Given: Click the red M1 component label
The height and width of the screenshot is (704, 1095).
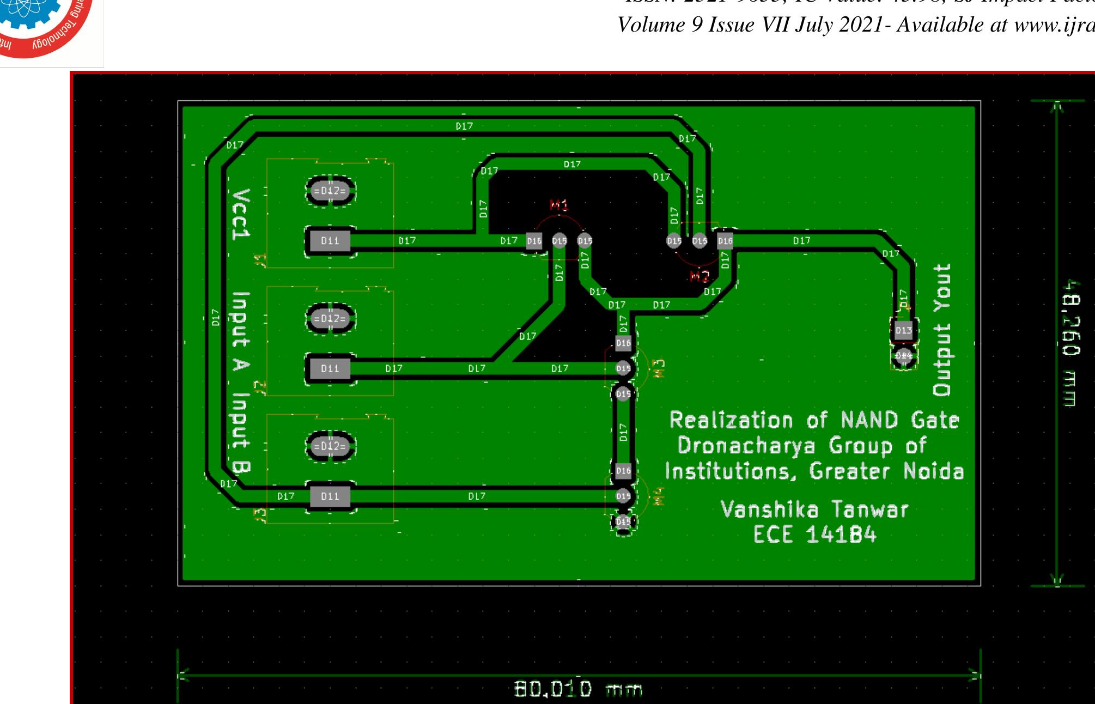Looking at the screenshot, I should [559, 205].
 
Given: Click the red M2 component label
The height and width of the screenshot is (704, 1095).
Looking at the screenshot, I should [699, 276].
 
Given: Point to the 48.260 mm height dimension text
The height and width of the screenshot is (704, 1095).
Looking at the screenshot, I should [1070, 343].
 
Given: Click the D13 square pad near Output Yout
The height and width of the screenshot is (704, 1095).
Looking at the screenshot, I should [903, 330].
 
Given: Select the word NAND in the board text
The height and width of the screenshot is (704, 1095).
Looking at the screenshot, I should [869, 421].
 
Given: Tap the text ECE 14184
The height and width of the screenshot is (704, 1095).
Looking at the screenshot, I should [815, 535].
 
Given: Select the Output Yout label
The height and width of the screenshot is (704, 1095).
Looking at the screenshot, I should [942, 330].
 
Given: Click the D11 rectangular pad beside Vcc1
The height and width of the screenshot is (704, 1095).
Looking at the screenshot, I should [330, 241].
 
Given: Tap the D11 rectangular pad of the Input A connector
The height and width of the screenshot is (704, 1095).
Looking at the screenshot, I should [330, 369].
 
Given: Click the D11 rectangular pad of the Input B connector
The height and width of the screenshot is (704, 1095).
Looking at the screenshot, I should [330, 496].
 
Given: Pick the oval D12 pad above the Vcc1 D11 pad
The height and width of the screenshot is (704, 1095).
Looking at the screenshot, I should [330, 191].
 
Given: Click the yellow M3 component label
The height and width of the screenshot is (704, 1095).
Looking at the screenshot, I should [659, 368].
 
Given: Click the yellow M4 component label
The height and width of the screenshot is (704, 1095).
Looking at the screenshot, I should [659, 496].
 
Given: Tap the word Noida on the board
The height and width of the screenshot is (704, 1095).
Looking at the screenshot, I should [933, 471].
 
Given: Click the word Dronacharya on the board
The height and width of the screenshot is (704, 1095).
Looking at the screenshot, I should [746, 446].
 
